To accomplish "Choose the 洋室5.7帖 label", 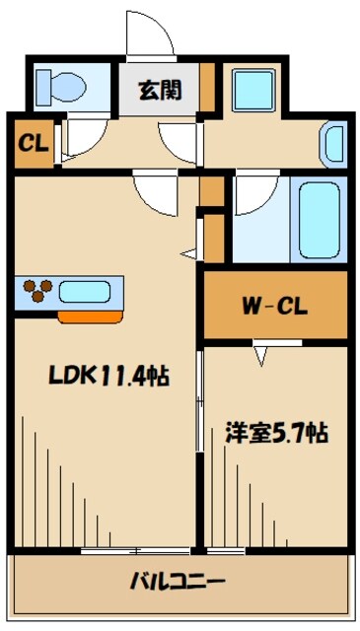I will coord(275,432).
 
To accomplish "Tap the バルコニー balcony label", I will coord(179,580).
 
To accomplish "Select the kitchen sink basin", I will coord(88,291).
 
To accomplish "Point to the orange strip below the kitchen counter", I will coord(93,316).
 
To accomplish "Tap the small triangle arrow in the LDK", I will coord(188,255).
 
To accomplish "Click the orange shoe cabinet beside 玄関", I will coord(207,90).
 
